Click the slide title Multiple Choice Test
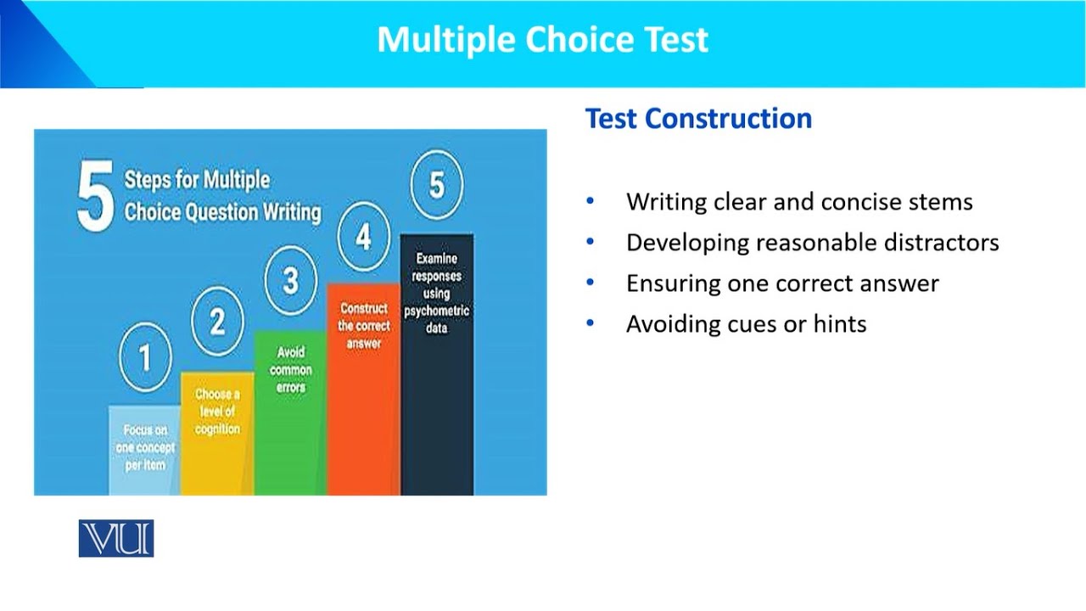point(542,40)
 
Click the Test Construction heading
point(698,118)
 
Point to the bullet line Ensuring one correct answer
point(781,283)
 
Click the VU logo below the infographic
point(116,538)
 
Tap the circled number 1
point(144,357)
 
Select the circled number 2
point(217,322)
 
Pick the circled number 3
point(290,280)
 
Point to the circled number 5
point(436,185)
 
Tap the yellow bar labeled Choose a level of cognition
point(217,441)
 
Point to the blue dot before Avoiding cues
point(591,324)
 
